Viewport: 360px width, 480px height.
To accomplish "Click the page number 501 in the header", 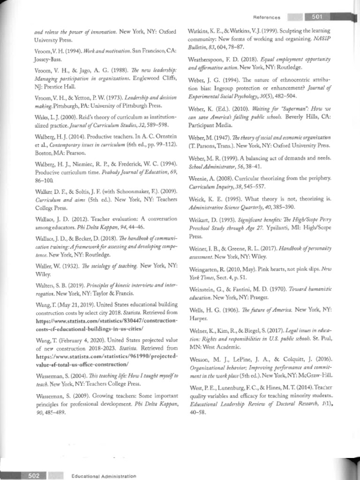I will click(316, 17).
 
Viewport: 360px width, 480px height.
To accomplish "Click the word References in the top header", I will click(267, 17).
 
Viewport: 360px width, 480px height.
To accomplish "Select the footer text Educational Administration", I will click(104, 476).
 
